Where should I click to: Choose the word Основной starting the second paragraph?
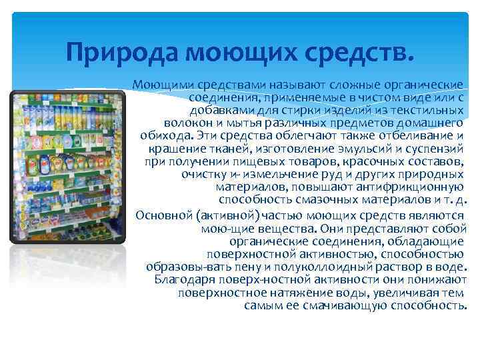click(161, 215)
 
